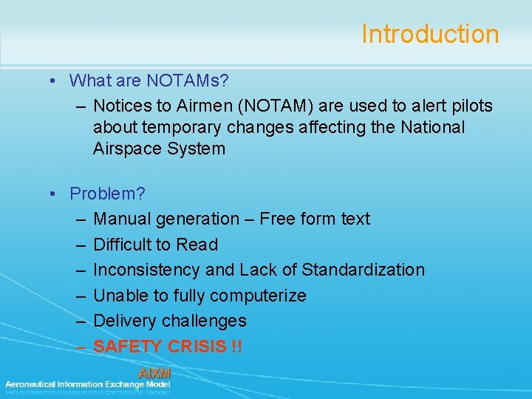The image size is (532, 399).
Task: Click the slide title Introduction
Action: coord(430,34)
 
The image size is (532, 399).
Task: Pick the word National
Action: coord(433,127)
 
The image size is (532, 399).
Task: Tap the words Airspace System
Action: coord(159,149)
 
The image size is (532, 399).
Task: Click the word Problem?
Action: coord(107,194)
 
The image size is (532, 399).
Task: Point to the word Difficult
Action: coord(123,245)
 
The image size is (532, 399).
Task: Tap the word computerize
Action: coord(258,296)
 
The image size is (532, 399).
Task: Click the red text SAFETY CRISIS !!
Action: coord(168,347)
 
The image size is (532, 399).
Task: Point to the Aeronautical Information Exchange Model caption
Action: coord(87,384)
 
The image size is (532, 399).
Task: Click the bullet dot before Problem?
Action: coord(55,194)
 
